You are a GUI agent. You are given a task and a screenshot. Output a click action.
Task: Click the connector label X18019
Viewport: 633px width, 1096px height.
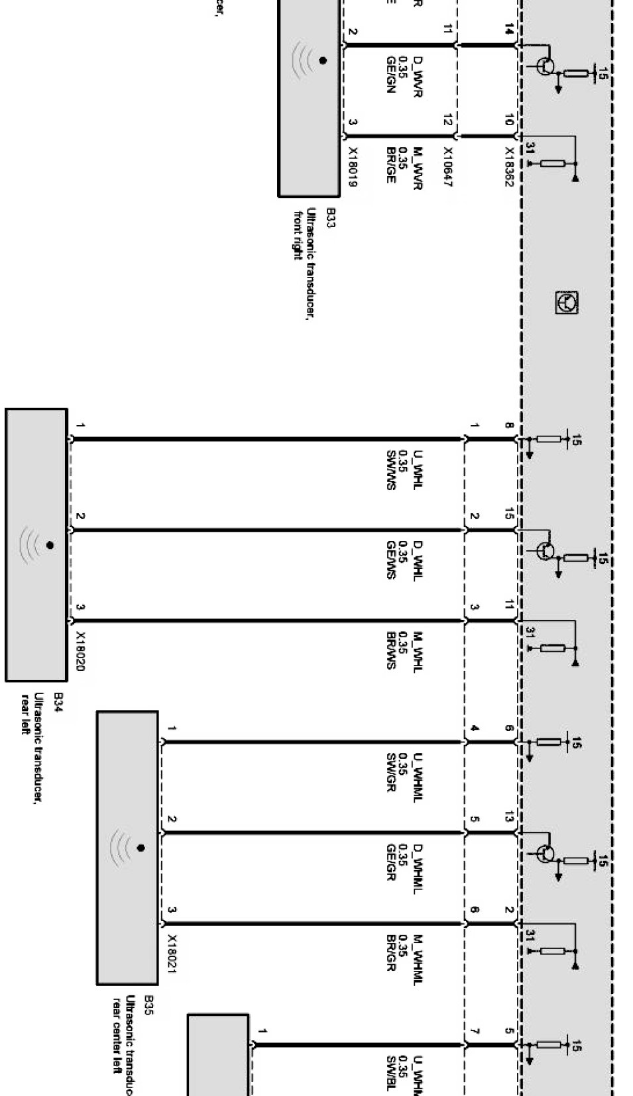pyautogui.click(x=352, y=166)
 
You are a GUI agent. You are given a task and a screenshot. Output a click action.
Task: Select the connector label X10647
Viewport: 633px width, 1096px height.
pyautogui.click(x=447, y=166)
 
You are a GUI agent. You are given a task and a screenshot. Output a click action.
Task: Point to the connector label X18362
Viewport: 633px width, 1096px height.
pyautogui.click(x=509, y=166)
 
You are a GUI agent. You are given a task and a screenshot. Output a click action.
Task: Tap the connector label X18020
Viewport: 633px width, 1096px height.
pyautogui.click(x=80, y=651)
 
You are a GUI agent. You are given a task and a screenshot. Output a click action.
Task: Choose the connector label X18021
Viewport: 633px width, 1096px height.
pyautogui.click(x=172, y=954)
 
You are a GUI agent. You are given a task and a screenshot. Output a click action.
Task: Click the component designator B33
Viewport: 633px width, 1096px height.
pyautogui.click(x=330, y=217)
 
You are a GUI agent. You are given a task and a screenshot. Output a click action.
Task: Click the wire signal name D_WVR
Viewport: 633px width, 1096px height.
pyautogui.click(x=417, y=77)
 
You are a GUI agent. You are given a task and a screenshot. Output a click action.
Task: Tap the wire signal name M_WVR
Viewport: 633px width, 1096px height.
pyautogui.click(x=417, y=168)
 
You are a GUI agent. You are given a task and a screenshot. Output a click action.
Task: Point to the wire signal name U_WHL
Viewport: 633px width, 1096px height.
pyautogui.click(x=417, y=470)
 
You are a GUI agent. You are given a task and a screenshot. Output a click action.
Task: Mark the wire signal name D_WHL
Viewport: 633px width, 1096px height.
pyautogui.click(x=417, y=560)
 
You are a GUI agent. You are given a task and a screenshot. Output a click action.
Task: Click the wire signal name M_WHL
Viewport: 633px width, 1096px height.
pyautogui.click(x=417, y=652)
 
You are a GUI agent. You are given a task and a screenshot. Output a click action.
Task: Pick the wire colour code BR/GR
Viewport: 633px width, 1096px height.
pyautogui.click(x=391, y=954)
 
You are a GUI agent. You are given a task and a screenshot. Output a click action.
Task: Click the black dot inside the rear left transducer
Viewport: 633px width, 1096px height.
pyautogui.click(x=50, y=545)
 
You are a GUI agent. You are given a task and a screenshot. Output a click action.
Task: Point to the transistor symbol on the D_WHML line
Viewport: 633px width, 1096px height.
pyautogui.click(x=546, y=853)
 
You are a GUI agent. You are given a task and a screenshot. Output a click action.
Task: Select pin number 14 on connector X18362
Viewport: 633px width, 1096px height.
pyautogui.click(x=508, y=29)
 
